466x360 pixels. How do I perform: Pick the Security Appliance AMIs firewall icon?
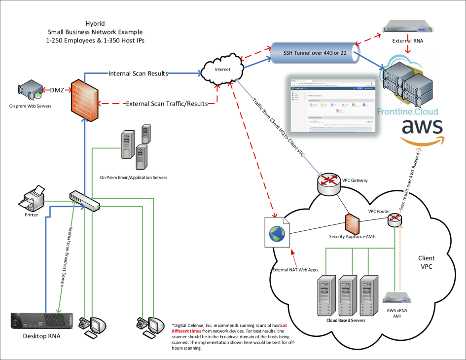click(352, 223)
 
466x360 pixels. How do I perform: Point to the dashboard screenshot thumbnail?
click(332, 105)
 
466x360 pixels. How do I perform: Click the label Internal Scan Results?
click(139, 73)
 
